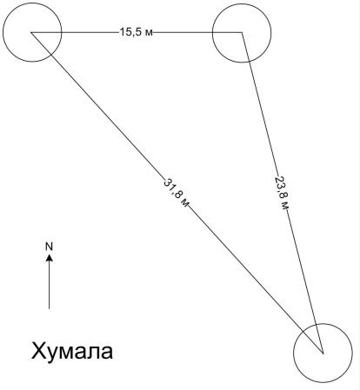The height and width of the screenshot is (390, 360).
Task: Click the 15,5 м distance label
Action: [136, 32]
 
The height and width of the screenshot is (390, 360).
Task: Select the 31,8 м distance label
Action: [177, 192]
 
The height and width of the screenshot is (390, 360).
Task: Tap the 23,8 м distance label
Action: [282, 193]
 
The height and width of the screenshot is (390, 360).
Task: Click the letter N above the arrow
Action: [50, 247]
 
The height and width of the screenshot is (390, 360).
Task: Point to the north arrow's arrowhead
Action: [50, 257]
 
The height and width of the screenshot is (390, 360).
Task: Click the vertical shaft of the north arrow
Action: [50, 285]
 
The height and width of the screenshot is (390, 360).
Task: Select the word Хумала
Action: [72, 351]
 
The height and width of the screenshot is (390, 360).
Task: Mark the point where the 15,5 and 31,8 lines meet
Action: [31, 32]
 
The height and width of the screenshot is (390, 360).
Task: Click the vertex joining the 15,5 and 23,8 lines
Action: [242, 32]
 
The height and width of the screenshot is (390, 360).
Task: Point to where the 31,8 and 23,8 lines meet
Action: [323, 353]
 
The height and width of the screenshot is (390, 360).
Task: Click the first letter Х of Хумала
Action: [37, 351]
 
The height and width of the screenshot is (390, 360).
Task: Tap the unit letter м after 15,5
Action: [150, 33]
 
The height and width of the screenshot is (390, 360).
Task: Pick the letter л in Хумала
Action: [94, 354]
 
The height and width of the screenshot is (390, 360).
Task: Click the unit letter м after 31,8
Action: [185, 203]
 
